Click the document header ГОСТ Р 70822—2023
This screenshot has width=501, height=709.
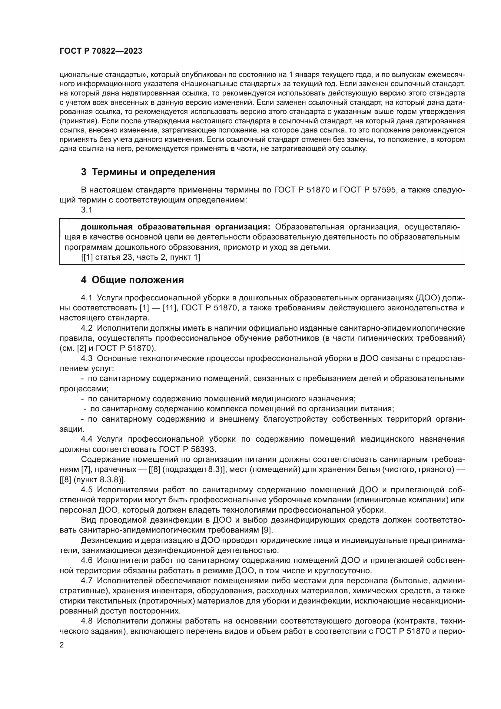[x=101, y=51]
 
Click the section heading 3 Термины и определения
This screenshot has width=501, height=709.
[x=148, y=172]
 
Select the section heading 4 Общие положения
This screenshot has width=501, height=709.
[x=132, y=280]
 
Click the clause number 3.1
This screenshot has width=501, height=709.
[x=87, y=210]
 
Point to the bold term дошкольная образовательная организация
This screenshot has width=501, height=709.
[x=175, y=227]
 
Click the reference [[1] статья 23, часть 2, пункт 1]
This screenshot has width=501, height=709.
[x=141, y=257]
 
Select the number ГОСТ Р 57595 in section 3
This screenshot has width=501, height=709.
[x=367, y=190]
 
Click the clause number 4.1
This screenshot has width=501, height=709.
[x=87, y=298]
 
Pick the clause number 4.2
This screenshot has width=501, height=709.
[x=87, y=328]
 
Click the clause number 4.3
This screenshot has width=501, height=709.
[x=87, y=359]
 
